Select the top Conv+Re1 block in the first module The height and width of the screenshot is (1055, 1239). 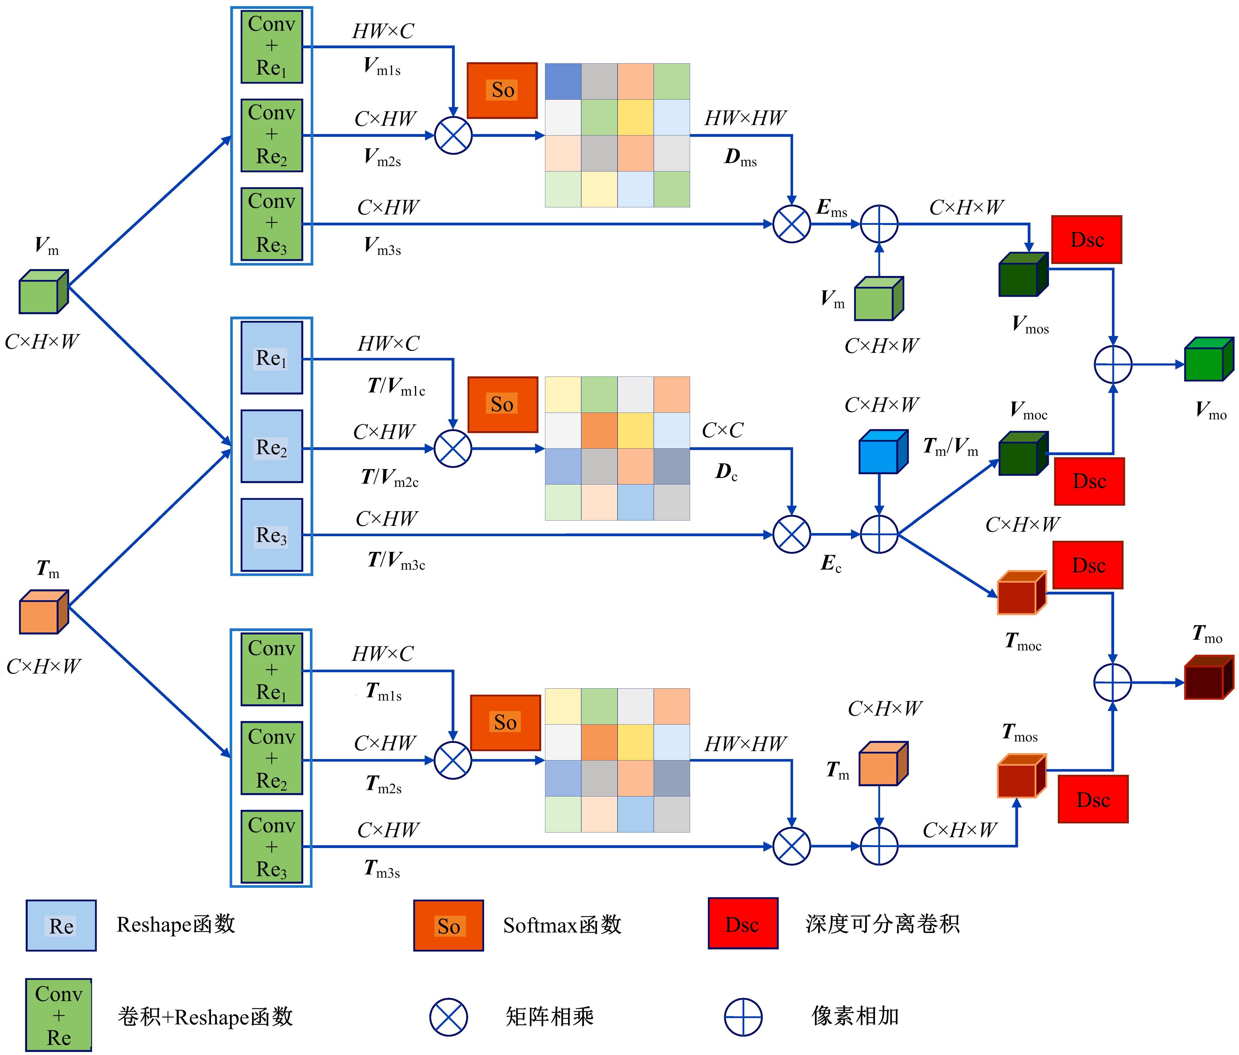[x=272, y=47]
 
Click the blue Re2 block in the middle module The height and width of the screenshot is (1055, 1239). [x=272, y=447]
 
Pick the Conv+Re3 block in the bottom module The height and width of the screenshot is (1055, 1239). [x=272, y=847]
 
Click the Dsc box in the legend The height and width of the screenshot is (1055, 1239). [x=743, y=924]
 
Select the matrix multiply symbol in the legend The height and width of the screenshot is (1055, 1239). [x=448, y=1017]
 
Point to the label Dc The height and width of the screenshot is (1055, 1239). [x=726, y=473]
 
